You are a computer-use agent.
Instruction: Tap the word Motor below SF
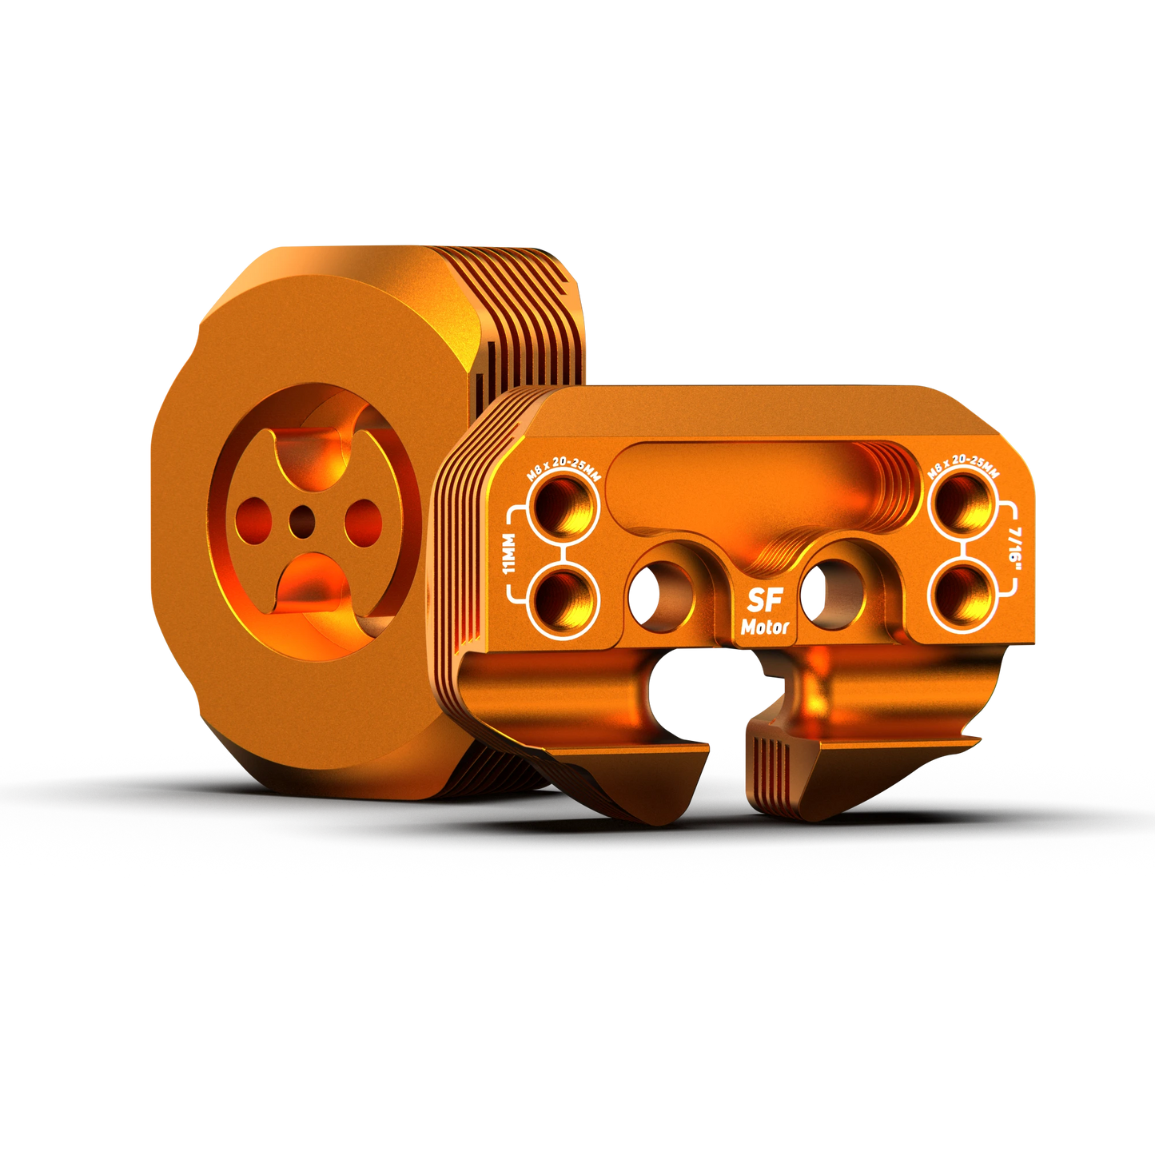765,627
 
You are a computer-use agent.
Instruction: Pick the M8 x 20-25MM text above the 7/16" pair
963,471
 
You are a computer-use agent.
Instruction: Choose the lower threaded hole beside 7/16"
963,595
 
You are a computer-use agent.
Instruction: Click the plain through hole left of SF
661,595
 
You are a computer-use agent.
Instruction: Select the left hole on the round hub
254,519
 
